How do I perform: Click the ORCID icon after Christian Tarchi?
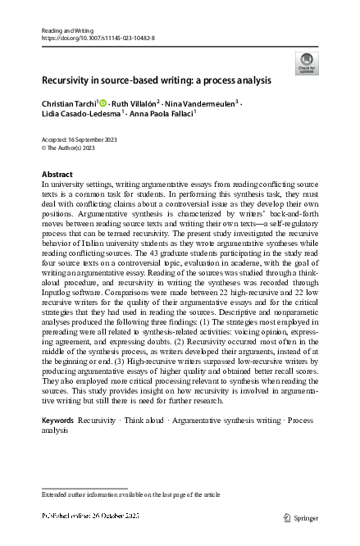pyautogui.click(x=104, y=104)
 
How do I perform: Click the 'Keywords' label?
pyautogui.click(x=57, y=420)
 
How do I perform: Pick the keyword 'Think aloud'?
pyautogui.click(x=142, y=420)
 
